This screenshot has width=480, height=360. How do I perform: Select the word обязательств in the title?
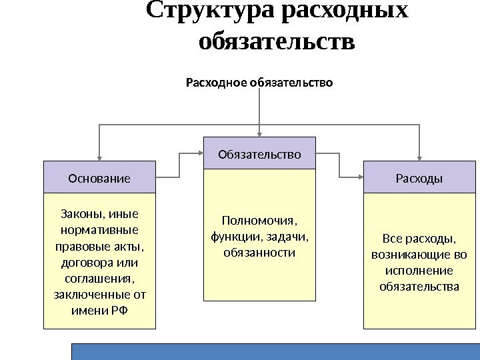coord(277,41)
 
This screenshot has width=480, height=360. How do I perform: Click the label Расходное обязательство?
coord(259,83)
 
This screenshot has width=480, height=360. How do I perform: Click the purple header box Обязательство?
coord(259,154)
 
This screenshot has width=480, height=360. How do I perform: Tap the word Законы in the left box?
coord(77,214)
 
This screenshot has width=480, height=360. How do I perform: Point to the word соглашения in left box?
coord(99,277)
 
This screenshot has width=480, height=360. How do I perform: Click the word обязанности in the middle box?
coord(259,253)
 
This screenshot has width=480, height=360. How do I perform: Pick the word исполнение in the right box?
coord(419,271)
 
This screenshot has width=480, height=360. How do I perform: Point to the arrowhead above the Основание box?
coord(99,156)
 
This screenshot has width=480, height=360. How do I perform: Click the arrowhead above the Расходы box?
coord(419,156)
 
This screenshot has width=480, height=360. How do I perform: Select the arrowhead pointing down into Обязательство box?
coord(259,133)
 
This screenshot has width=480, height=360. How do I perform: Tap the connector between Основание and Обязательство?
coord(180,165)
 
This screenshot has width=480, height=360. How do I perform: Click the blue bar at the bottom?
coord(275,351)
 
